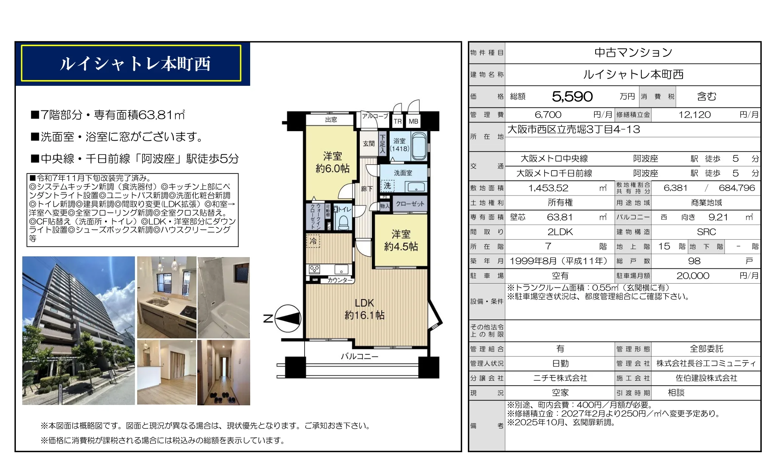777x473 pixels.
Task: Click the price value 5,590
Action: tap(572, 97)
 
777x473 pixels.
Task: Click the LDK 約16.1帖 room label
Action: tap(364, 309)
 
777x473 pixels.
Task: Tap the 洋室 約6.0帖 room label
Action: tap(333, 162)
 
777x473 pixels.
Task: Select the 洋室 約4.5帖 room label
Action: tap(401, 240)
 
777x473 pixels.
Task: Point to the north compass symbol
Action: tap(287, 319)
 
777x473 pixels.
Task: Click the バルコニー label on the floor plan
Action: tap(359, 356)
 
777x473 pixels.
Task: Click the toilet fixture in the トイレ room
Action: tap(344, 222)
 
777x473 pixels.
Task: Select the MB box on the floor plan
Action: tap(413, 121)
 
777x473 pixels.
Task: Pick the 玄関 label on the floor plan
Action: tap(368, 144)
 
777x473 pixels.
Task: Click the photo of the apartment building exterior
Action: tap(79, 330)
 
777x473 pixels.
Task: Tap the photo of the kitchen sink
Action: tap(167, 297)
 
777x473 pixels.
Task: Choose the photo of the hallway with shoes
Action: tap(223, 372)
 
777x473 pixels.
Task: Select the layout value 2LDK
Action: tap(560, 232)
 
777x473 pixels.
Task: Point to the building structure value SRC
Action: tap(706, 232)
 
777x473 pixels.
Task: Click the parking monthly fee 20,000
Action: tap(693, 276)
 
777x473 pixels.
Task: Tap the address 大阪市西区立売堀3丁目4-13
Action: tap(574, 130)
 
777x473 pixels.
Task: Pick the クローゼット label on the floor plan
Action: tap(410, 204)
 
